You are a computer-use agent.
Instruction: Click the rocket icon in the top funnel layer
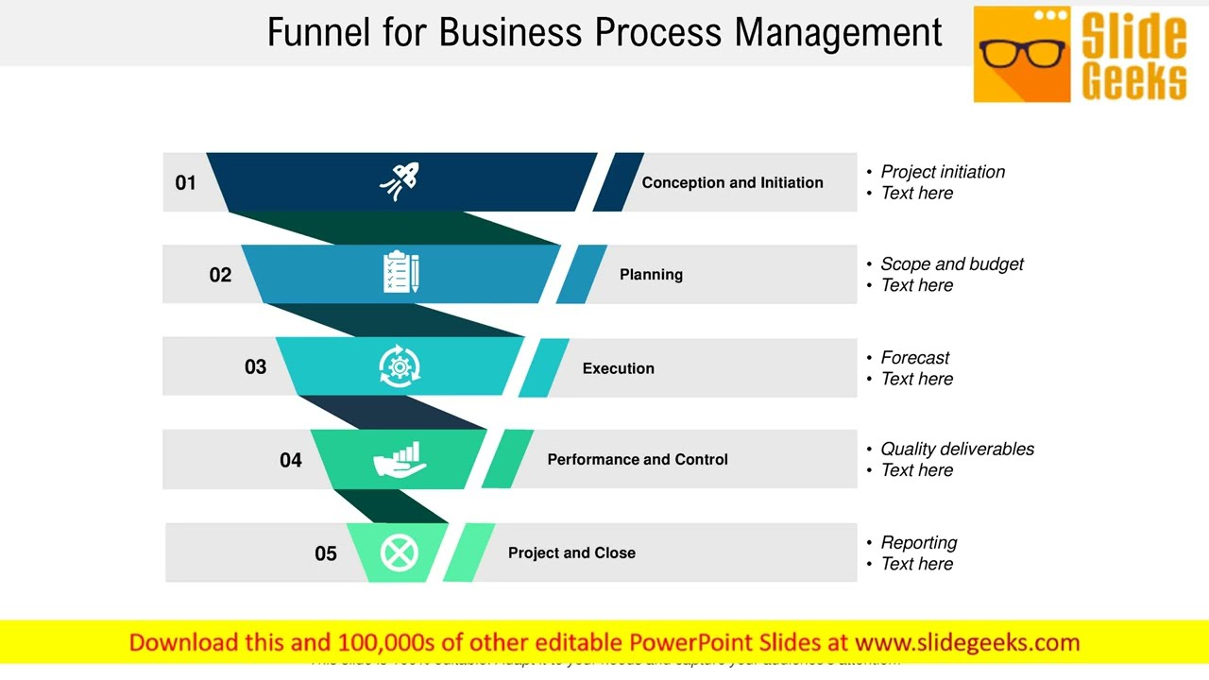400,180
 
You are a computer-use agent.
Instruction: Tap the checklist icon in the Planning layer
400,272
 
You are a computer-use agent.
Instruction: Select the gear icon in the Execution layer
400,365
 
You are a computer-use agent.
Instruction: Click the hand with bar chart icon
400,459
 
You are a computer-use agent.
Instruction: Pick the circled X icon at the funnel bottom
399,552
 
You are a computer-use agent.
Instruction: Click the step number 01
185,182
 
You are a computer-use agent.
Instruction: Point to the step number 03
255,366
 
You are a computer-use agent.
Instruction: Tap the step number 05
325,553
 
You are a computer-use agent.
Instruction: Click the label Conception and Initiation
732,182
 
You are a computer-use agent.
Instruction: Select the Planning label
651,274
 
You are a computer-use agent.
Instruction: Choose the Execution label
618,368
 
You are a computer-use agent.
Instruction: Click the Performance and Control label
638,459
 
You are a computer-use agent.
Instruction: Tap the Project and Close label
571,552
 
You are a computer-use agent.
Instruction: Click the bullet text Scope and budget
951,264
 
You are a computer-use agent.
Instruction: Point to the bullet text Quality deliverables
957,450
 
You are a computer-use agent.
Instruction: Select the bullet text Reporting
918,543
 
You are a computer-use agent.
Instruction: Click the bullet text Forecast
914,358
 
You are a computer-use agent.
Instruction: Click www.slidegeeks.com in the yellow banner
966,643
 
